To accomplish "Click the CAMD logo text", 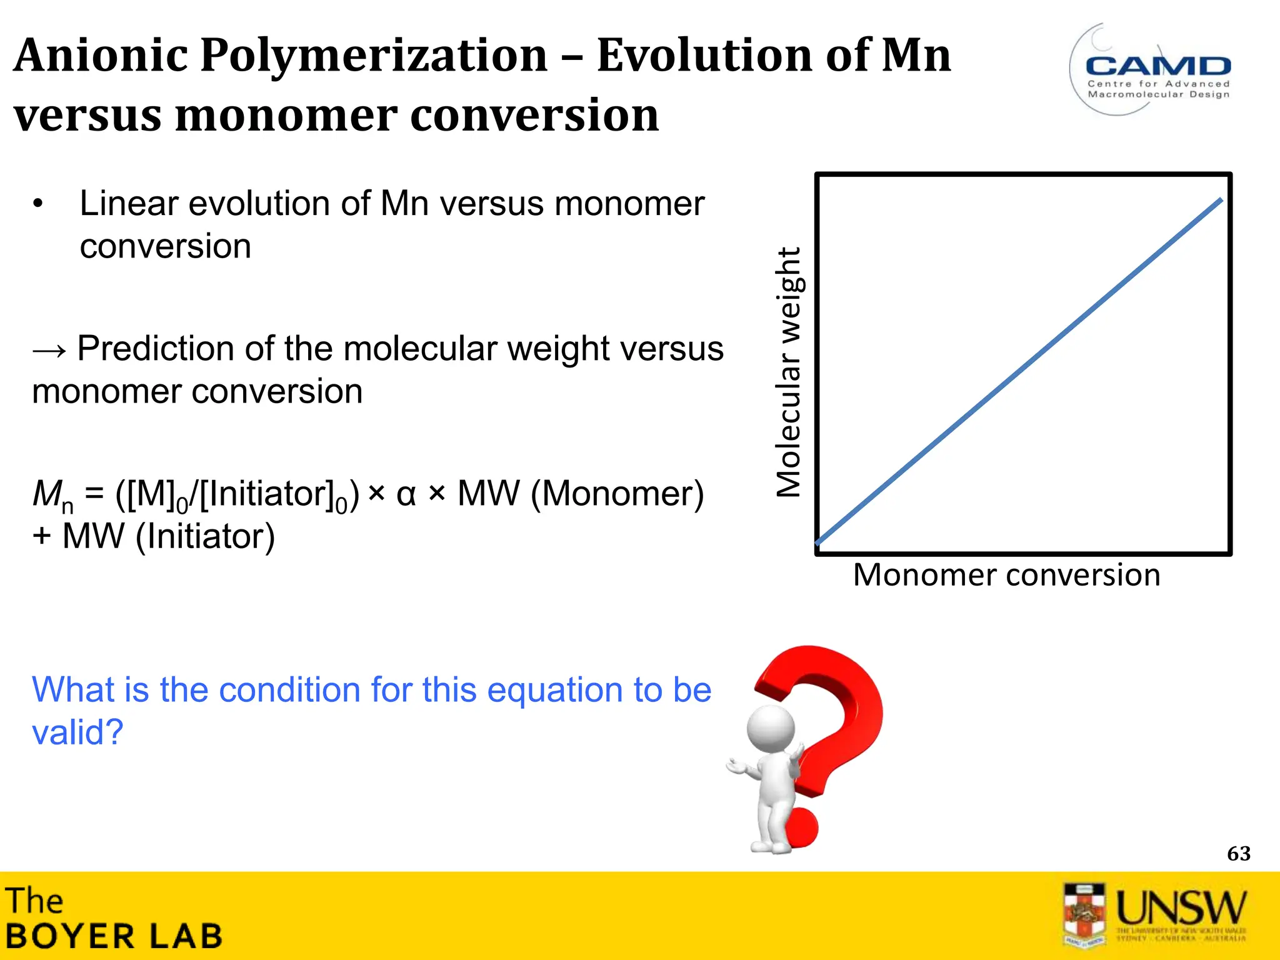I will point(1158,66).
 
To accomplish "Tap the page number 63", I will point(1238,854).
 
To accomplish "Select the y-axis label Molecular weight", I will point(788,372).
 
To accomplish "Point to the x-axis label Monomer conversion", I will point(1006,575).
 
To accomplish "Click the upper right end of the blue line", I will point(1220,201).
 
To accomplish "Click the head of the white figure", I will point(772,730).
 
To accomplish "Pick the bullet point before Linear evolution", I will point(38,204).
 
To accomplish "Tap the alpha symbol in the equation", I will point(406,494).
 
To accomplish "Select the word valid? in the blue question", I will point(77,732).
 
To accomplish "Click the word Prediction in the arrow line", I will point(156,349).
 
